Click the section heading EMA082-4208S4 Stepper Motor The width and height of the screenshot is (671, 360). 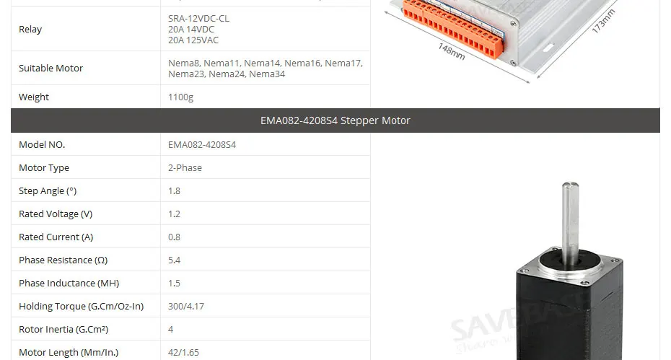point(335,120)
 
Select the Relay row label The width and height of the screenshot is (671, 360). point(30,30)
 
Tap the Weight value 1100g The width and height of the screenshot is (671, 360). point(180,97)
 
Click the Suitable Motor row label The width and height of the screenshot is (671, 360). point(51,69)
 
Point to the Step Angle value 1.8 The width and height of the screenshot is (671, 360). point(174,191)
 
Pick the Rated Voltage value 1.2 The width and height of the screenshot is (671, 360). point(174,214)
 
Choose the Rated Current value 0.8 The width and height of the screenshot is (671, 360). point(174,237)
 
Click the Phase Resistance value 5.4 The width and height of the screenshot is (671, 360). point(174,260)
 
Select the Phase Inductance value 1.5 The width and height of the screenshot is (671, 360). point(174,284)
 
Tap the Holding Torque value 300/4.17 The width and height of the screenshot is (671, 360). point(185,307)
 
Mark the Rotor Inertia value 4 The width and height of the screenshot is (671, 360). point(170,330)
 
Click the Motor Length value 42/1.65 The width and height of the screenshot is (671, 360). point(183,353)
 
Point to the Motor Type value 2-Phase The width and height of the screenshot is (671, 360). point(185,168)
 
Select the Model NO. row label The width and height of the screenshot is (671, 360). point(42,145)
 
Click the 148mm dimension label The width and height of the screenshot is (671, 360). point(452,51)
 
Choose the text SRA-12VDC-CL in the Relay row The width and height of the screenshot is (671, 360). point(198,18)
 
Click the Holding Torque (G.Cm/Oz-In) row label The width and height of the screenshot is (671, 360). point(81,307)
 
